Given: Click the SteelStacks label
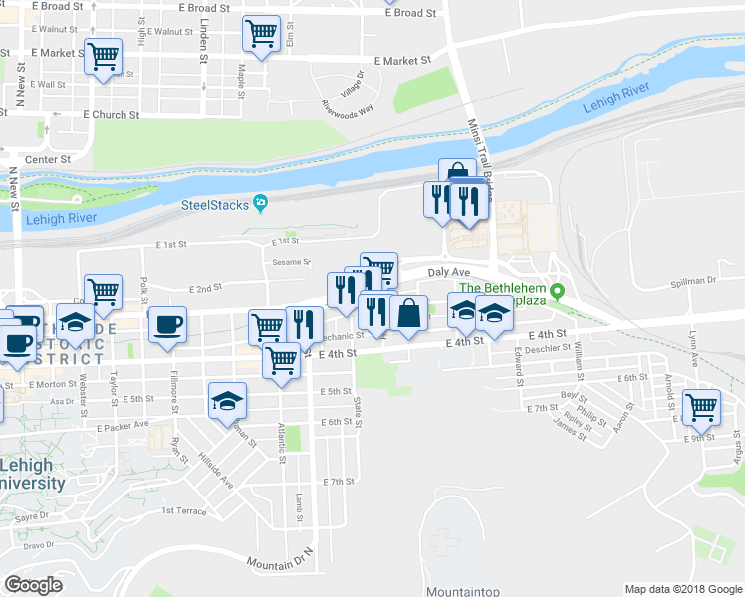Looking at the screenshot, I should pyautogui.click(x=214, y=205).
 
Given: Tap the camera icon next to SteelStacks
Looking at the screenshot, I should pyautogui.click(x=260, y=204).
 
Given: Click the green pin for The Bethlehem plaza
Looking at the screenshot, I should pyautogui.click(x=558, y=292).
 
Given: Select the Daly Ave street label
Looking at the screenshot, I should pyautogui.click(x=448, y=271).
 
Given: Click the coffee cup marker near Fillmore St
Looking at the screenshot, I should pyautogui.click(x=167, y=324).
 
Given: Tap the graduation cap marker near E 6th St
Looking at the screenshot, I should pyautogui.click(x=227, y=401).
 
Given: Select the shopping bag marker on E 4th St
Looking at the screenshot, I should pyautogui.click(x=408, y=313).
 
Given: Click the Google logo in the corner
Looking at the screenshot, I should pyautogui.click(x=34, y=585).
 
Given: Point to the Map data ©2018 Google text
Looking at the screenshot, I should pyautogui.click(x=682, y=589).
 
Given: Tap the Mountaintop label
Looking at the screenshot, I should pyautogui.click(x=462, y=591).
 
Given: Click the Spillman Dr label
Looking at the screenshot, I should pyautogui.click(x=694, y=281).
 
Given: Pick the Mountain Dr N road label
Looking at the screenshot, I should pyautogui.click(x=281, y=557).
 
